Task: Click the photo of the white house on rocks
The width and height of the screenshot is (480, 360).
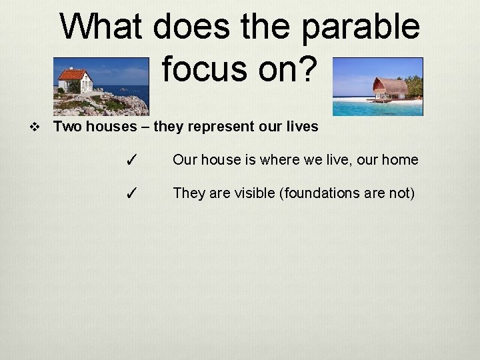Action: point(101,87)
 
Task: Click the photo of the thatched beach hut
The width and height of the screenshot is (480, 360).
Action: point(377,87)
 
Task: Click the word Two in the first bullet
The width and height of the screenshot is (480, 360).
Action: point(67,126)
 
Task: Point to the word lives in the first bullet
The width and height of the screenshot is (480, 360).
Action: point(301,126)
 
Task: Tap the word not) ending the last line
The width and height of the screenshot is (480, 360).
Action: point(401,193)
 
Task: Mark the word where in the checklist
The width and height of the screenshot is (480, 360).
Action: point(272,160)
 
